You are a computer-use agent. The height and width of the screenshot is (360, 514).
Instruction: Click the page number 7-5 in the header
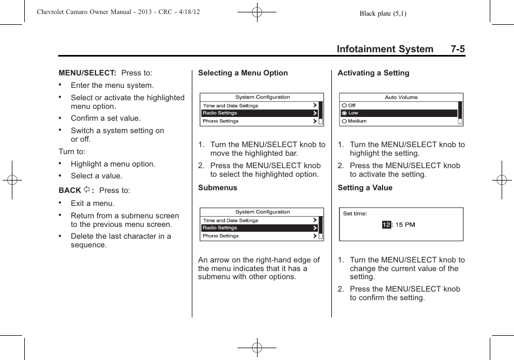tap(457, 49)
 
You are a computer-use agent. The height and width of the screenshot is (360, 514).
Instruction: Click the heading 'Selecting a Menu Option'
tap(242, 73)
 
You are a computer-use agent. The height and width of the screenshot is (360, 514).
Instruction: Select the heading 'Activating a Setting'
tap(373, 73)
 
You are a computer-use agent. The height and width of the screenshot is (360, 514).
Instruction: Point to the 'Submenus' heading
tap(218, 188)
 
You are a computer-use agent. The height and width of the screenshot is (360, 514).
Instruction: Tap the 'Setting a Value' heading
tap(365, 188)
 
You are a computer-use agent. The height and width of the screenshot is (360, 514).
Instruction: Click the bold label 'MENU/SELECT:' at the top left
tap(87, 73)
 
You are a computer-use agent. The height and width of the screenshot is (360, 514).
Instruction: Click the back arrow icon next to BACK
tap(86, 190)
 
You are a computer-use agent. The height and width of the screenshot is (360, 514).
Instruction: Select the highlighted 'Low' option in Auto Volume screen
tap(353, 113)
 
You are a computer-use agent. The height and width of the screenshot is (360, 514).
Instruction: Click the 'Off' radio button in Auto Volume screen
tap(344, 106)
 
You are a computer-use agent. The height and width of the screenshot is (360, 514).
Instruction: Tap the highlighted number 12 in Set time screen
tap(386, 225)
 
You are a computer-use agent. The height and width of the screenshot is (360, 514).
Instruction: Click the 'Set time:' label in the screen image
tap(355, 213)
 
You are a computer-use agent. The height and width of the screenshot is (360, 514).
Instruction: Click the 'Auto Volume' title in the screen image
tap(401, 98)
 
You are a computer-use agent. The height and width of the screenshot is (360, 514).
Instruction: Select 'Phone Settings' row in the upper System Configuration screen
tap(220, 121)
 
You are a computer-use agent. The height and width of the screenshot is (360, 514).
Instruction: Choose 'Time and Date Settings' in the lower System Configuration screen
tap(230, 220)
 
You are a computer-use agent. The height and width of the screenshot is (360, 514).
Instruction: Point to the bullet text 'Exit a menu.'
tap(93, 203)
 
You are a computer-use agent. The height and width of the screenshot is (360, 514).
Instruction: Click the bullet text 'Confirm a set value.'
tap(106, 118)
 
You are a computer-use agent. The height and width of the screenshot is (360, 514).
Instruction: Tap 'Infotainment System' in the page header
tap(385, 49)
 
